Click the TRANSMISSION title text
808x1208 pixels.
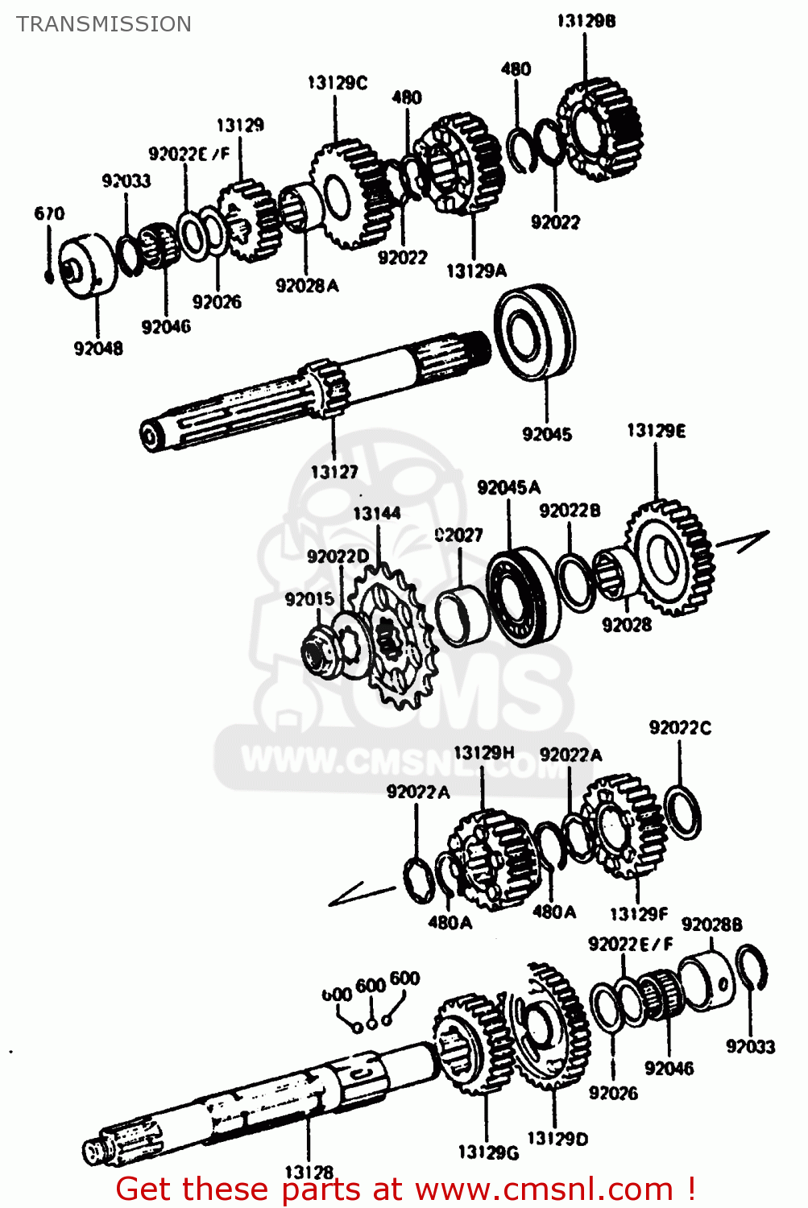coord(104,24)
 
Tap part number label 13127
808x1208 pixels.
coord(334,472)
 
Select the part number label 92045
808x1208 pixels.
coord(547,434)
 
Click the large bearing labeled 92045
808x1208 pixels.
coord(535,331)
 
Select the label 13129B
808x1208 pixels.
coord(586,21)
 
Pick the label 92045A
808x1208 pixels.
coord(508,487)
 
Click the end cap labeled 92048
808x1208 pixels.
coord(85,266)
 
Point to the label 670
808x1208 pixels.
coord(49,213)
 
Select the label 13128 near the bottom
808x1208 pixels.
coord(309,1173)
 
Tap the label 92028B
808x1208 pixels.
coord(712,925)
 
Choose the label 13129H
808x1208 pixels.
coord(483,753)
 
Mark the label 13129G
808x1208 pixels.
coord(488,1152)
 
